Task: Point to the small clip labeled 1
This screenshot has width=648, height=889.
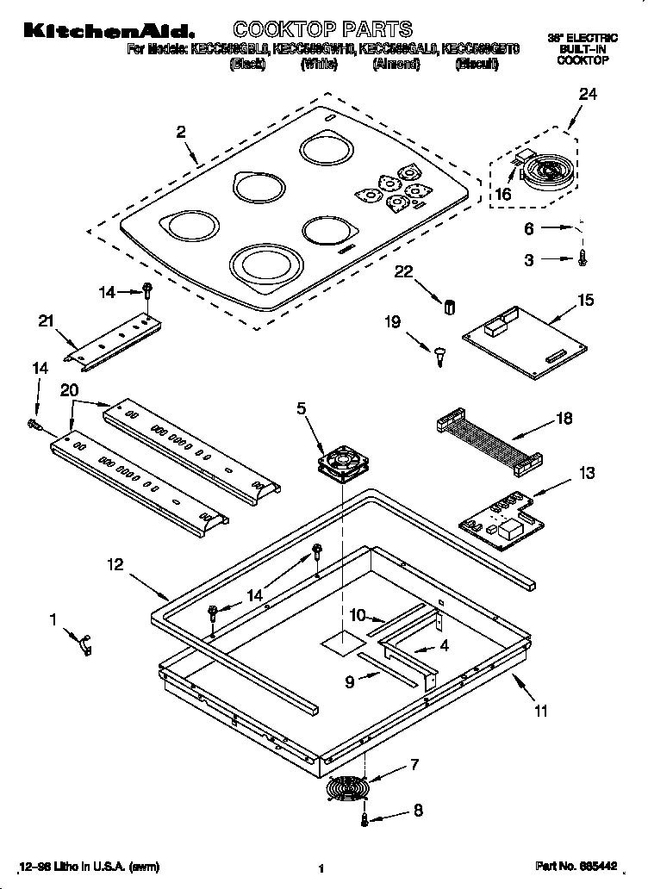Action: (x=85, y=643)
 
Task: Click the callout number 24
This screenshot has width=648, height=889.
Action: (x=587, y=95)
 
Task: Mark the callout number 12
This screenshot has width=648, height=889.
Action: (x=115, y=565)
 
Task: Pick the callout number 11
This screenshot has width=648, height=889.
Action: (x=540, y=711)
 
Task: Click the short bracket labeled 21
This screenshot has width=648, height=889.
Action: (x=114, y=339)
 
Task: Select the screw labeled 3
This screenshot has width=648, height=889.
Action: (x=583, y=258)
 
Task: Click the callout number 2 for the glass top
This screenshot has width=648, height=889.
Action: (x=181, y=132)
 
